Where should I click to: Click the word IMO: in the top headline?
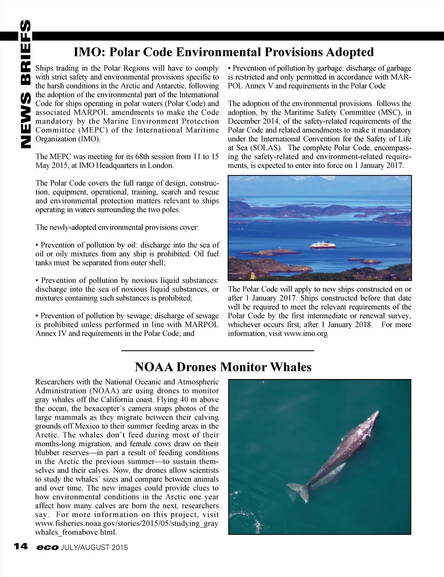[89, 53]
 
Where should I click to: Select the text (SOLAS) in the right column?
[258, 148]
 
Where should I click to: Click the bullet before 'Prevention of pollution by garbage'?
[229, 69]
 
